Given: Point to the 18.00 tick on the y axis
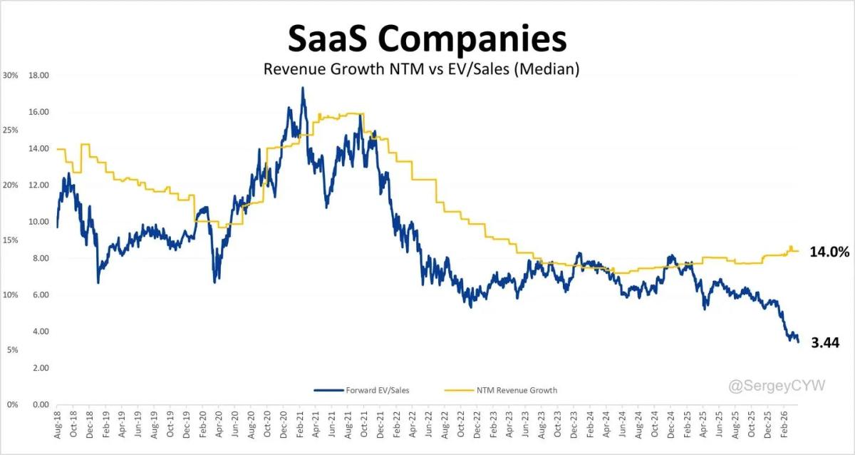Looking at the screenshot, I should [x=38, y=75].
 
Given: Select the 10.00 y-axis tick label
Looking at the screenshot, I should [x=38, y=221].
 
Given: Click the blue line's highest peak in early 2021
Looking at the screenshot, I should [x=303, y=88].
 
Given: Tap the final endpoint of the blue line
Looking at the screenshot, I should [x=799, y=343].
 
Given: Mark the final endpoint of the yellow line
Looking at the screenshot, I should [x=799, y=251].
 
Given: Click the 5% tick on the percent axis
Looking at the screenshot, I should [x=12, y=349].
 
